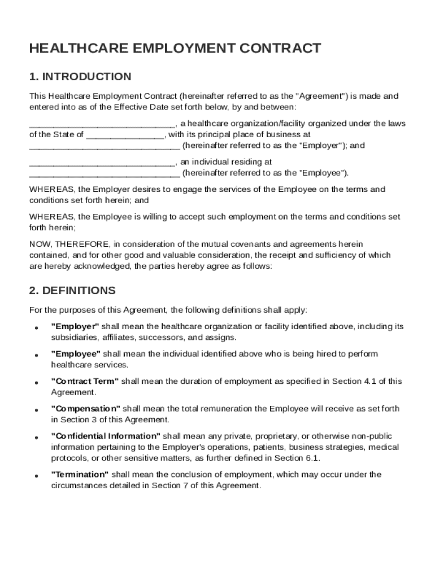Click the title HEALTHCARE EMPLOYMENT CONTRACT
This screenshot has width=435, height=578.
tap(175, 49)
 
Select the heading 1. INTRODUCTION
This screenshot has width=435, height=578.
tap(80, 77)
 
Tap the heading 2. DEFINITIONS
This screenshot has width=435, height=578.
tap(72, 291)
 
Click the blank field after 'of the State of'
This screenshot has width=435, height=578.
tap(125, 135)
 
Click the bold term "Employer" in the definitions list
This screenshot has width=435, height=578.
tap(75, 327)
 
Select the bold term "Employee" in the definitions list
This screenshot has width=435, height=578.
tap(76, 354)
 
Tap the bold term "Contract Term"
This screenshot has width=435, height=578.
tap(85, 382)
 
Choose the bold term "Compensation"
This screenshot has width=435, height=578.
tap(86, 409)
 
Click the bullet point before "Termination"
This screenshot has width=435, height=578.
tap(36, 476)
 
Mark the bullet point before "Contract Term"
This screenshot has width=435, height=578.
tap(36, 383)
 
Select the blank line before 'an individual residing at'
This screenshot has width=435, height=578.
tap(102, 163)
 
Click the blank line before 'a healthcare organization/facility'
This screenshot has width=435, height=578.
tap(102, 124)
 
